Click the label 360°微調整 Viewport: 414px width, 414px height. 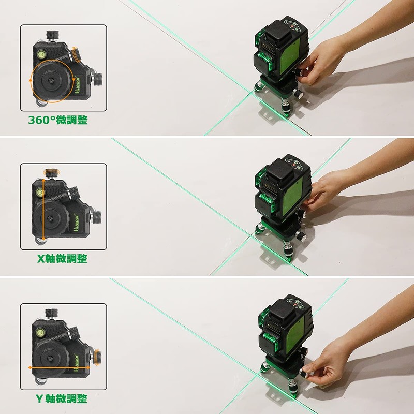point(57,120)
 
